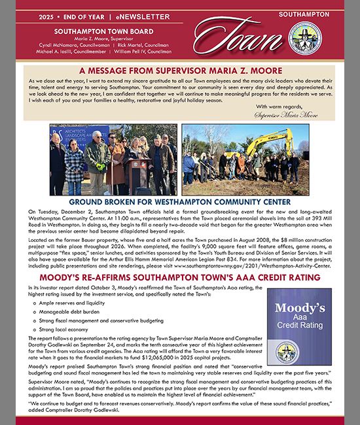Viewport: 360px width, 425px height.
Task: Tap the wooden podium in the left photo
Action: pyautogui.click(x=135, y=177)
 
